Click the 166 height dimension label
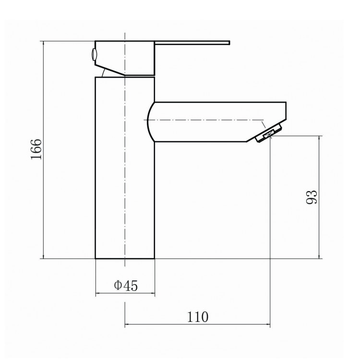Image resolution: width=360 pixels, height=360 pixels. (36, 149)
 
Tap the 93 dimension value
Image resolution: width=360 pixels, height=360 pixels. (312, 197)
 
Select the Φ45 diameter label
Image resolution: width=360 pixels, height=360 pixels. (126, 286)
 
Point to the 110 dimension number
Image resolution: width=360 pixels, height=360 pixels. (198, 317)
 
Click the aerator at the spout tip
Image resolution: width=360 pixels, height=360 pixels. (269, 133)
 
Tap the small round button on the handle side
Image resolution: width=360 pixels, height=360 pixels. (94, 55)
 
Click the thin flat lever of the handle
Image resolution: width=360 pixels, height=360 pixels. (192, 43)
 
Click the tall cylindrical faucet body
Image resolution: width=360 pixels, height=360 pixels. (125, 168)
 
